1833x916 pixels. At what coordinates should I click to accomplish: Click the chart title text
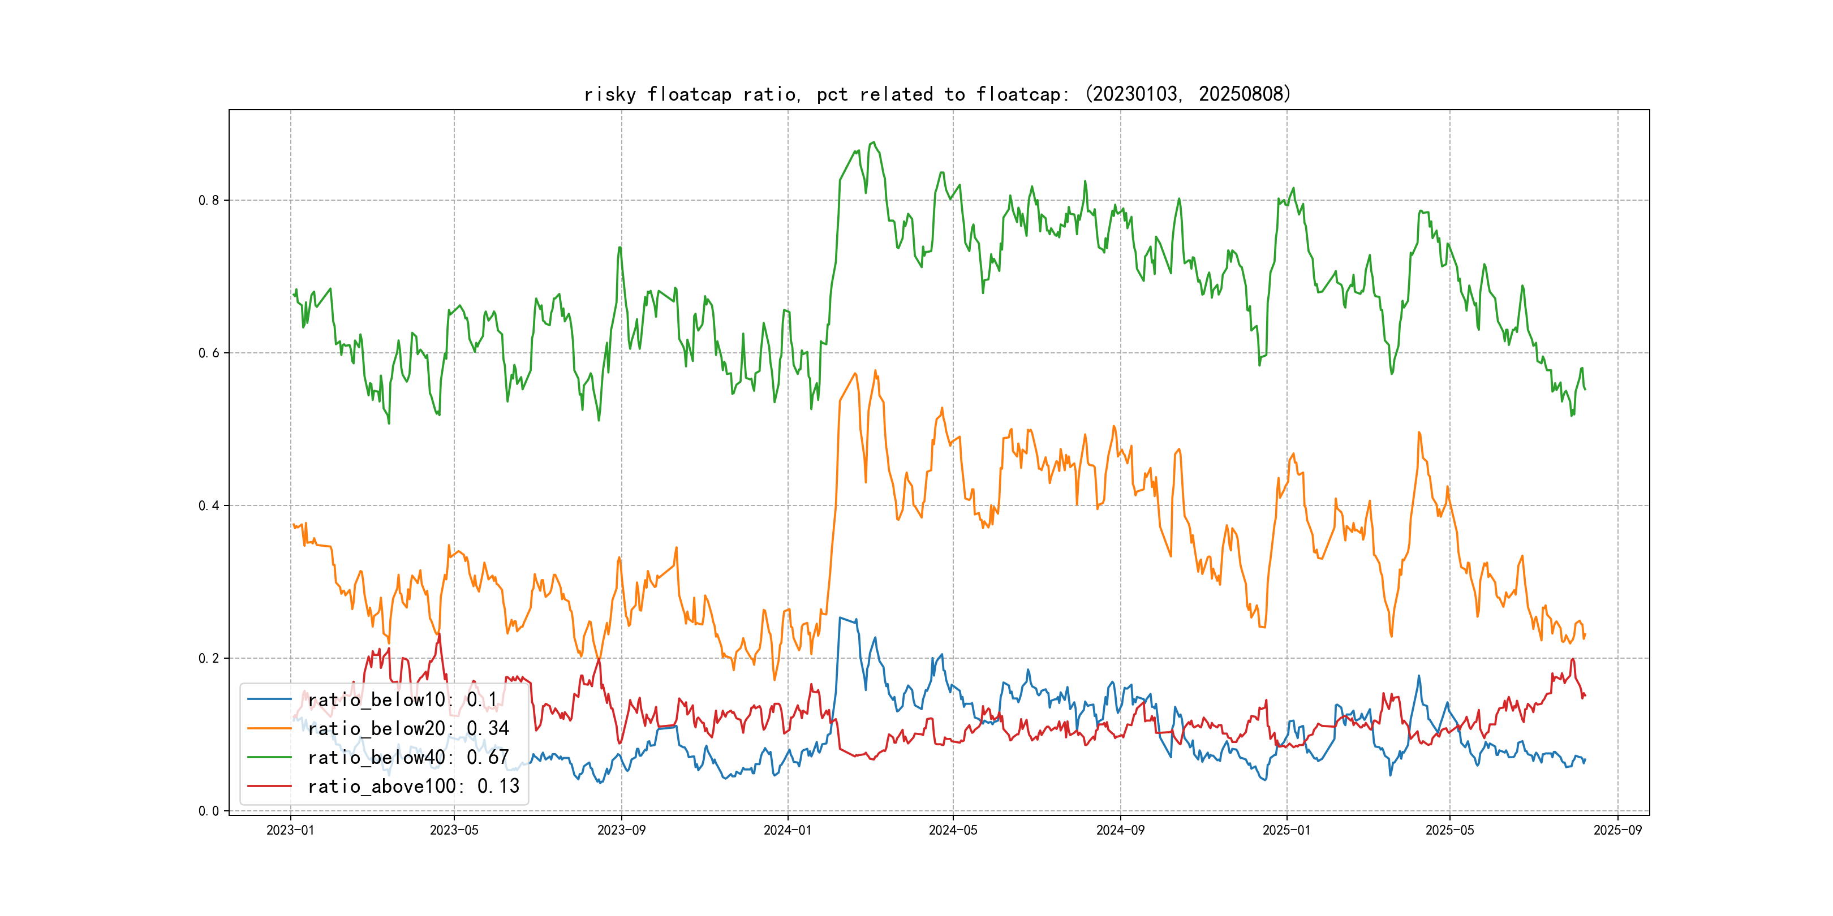(937, 94)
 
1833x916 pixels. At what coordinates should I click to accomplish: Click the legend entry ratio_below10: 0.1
(402, 700)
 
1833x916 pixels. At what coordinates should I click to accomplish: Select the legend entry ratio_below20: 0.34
(408, 728)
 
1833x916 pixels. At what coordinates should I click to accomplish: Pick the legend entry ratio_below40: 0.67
(408, 758)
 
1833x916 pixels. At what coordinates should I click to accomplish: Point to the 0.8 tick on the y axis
(209, 201)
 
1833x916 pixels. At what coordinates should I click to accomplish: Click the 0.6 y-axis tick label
(209, 353)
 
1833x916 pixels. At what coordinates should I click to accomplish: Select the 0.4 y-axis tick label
(209, 505)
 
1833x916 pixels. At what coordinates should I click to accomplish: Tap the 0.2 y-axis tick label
(209, 659)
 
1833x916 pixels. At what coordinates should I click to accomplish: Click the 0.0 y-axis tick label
(209, 811)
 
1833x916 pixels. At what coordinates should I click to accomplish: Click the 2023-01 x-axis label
(290, 830)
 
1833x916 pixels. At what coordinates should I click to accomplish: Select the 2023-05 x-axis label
(454, 830)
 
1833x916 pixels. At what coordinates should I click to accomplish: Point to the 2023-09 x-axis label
(621, 830)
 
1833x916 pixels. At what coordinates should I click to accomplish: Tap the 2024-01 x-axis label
(788, 830)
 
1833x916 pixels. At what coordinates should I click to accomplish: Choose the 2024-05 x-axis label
(953, 830)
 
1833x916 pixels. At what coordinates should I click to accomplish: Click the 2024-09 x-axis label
(1120, 830)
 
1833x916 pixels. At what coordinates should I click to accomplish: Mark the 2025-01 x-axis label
(1286, 830)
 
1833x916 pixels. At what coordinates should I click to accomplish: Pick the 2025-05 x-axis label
(1449, 830)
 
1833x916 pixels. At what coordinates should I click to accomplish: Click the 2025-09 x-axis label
(1617, 830)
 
